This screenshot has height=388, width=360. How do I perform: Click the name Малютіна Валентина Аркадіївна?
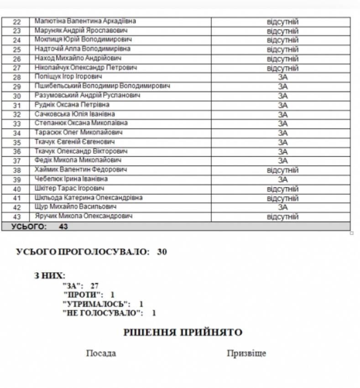85,21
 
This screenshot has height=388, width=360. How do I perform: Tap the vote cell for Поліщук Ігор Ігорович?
282,77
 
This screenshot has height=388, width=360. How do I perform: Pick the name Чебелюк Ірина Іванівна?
71,179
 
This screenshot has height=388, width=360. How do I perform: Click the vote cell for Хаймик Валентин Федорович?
282,170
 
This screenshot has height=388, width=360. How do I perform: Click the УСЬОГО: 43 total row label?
39,226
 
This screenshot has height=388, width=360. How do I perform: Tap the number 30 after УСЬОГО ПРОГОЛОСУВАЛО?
162,252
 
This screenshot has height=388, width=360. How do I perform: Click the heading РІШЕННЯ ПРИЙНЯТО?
183,332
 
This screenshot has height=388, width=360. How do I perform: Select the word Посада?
101,353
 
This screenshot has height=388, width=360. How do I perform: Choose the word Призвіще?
246,353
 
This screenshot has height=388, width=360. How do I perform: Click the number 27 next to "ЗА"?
94,286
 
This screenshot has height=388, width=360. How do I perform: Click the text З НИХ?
50,275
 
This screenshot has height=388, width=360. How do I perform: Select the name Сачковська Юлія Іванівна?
75,114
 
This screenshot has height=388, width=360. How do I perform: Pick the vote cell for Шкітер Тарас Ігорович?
282,189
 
